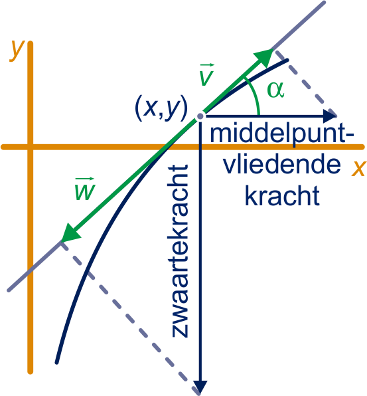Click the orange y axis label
pos(17,50)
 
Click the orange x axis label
pos(358,168)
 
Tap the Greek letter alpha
pos(275,90)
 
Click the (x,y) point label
pos(161,109)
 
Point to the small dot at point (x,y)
pos(200,116)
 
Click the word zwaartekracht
pos(180,251)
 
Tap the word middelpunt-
pos(282,135)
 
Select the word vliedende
pos(282,165)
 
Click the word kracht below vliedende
pos(282,196)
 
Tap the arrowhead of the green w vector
pos(70,233)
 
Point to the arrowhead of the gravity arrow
pos(200,387)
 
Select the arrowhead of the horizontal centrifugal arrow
pos(330,116)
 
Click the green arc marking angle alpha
pos(255,95)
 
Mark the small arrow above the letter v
pos(207,65)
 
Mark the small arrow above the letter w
pos(84,179)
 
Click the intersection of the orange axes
pos(31,147)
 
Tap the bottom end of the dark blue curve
pos(57,362)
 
